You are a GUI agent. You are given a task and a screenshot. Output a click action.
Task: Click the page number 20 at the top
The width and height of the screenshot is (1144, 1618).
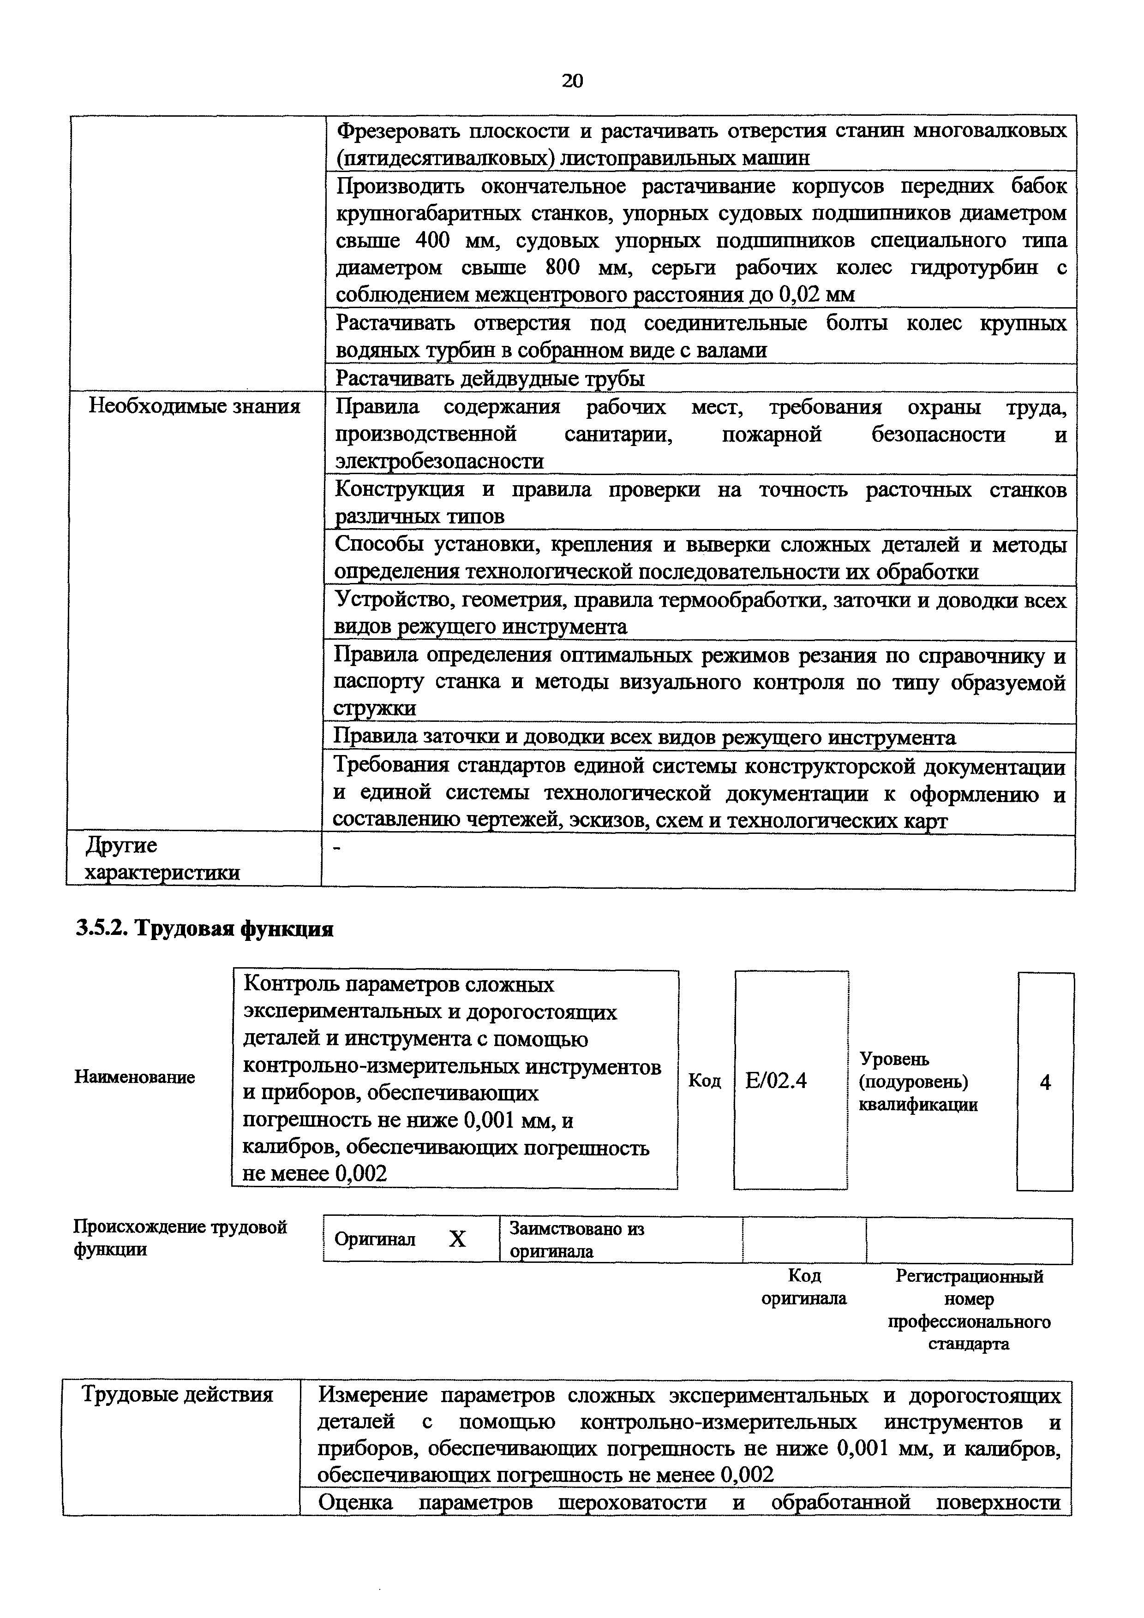[572, 81]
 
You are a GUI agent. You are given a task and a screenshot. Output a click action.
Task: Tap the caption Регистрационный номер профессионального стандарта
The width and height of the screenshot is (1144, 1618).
[969, 1309]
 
